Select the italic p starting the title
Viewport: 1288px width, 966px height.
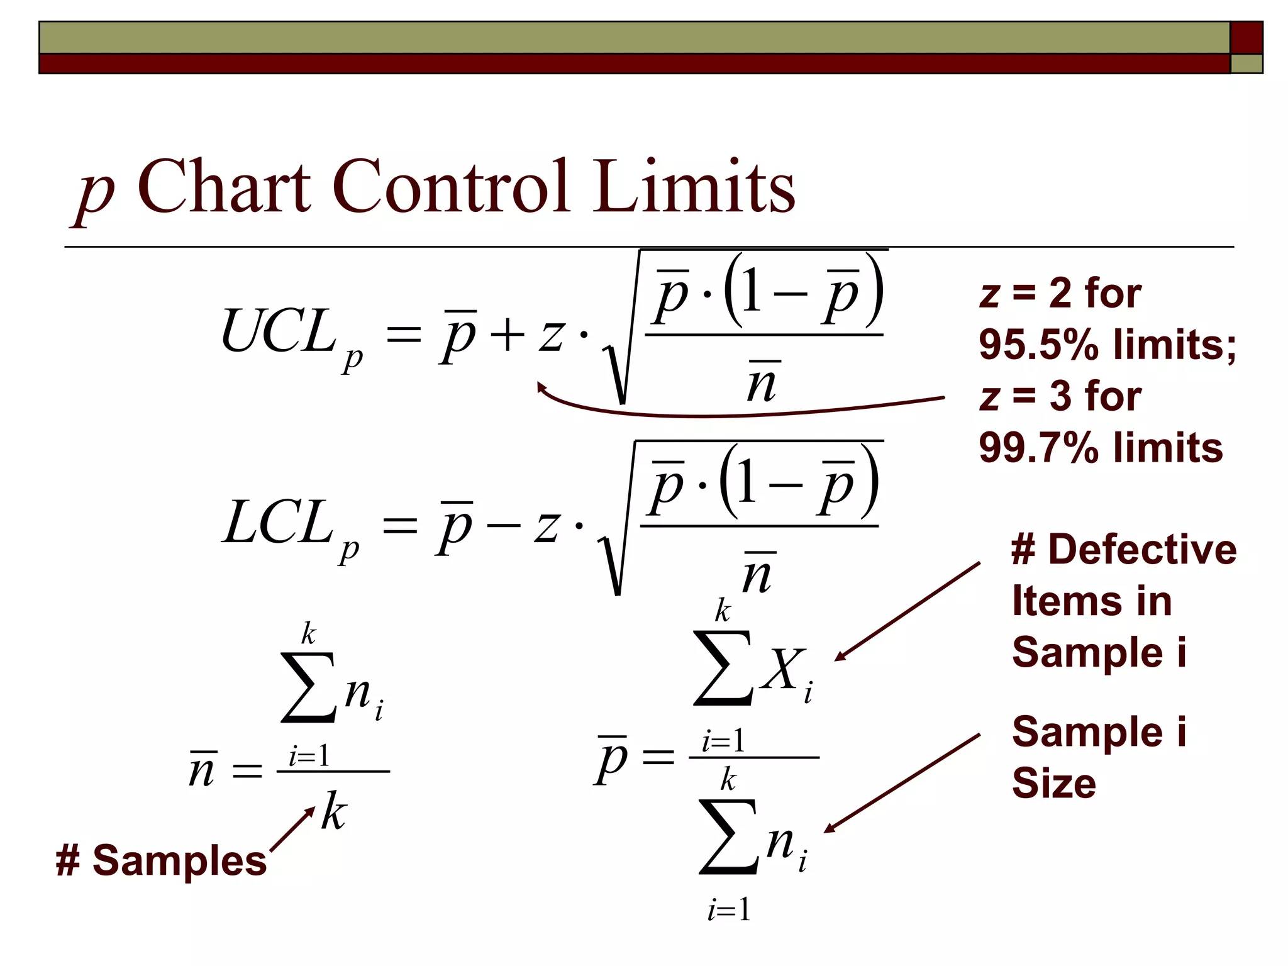(94, 192)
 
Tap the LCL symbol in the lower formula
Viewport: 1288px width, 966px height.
(277, 523)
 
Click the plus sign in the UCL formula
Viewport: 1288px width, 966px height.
(507, 335)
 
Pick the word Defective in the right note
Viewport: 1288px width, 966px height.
(1142, 549)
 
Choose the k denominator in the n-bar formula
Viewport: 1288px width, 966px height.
(333, 811)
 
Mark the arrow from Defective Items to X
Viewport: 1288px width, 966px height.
(908, 611)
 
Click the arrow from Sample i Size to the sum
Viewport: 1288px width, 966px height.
(902, 783)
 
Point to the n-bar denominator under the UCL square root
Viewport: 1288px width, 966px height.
(762, 382)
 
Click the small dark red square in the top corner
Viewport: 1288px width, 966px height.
(1246, 38)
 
